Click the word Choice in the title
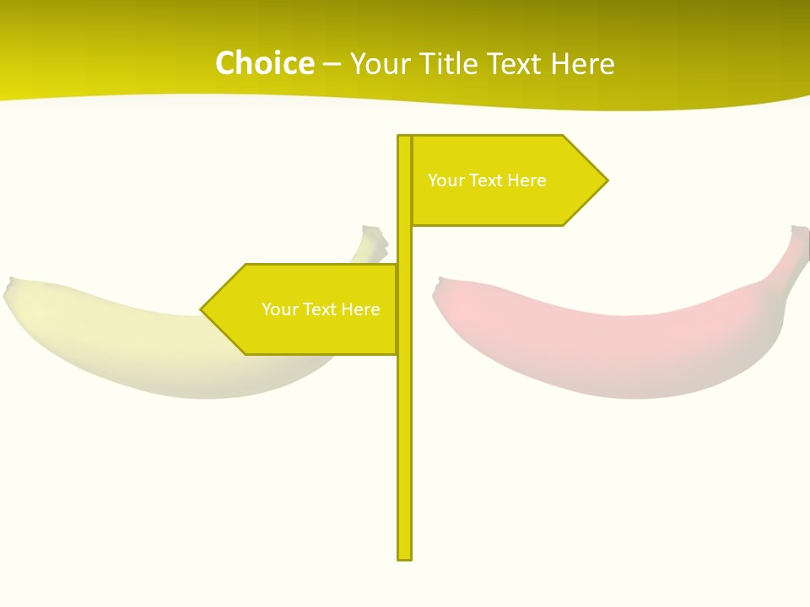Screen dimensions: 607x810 (264, 64)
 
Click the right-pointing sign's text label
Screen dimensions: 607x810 (487, 180)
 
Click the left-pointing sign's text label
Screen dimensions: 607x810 (321, 309)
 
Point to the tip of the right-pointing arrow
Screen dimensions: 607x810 (607, 180)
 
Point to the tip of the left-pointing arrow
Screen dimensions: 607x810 (202, 309)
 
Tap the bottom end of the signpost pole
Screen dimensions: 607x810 (405, 557)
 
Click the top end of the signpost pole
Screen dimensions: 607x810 (405, 137)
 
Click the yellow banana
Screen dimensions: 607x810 (143, 337)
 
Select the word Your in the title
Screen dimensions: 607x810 (375, 64)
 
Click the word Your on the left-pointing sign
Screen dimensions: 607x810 (279, 309)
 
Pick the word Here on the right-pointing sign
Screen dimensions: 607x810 (527, 180)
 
